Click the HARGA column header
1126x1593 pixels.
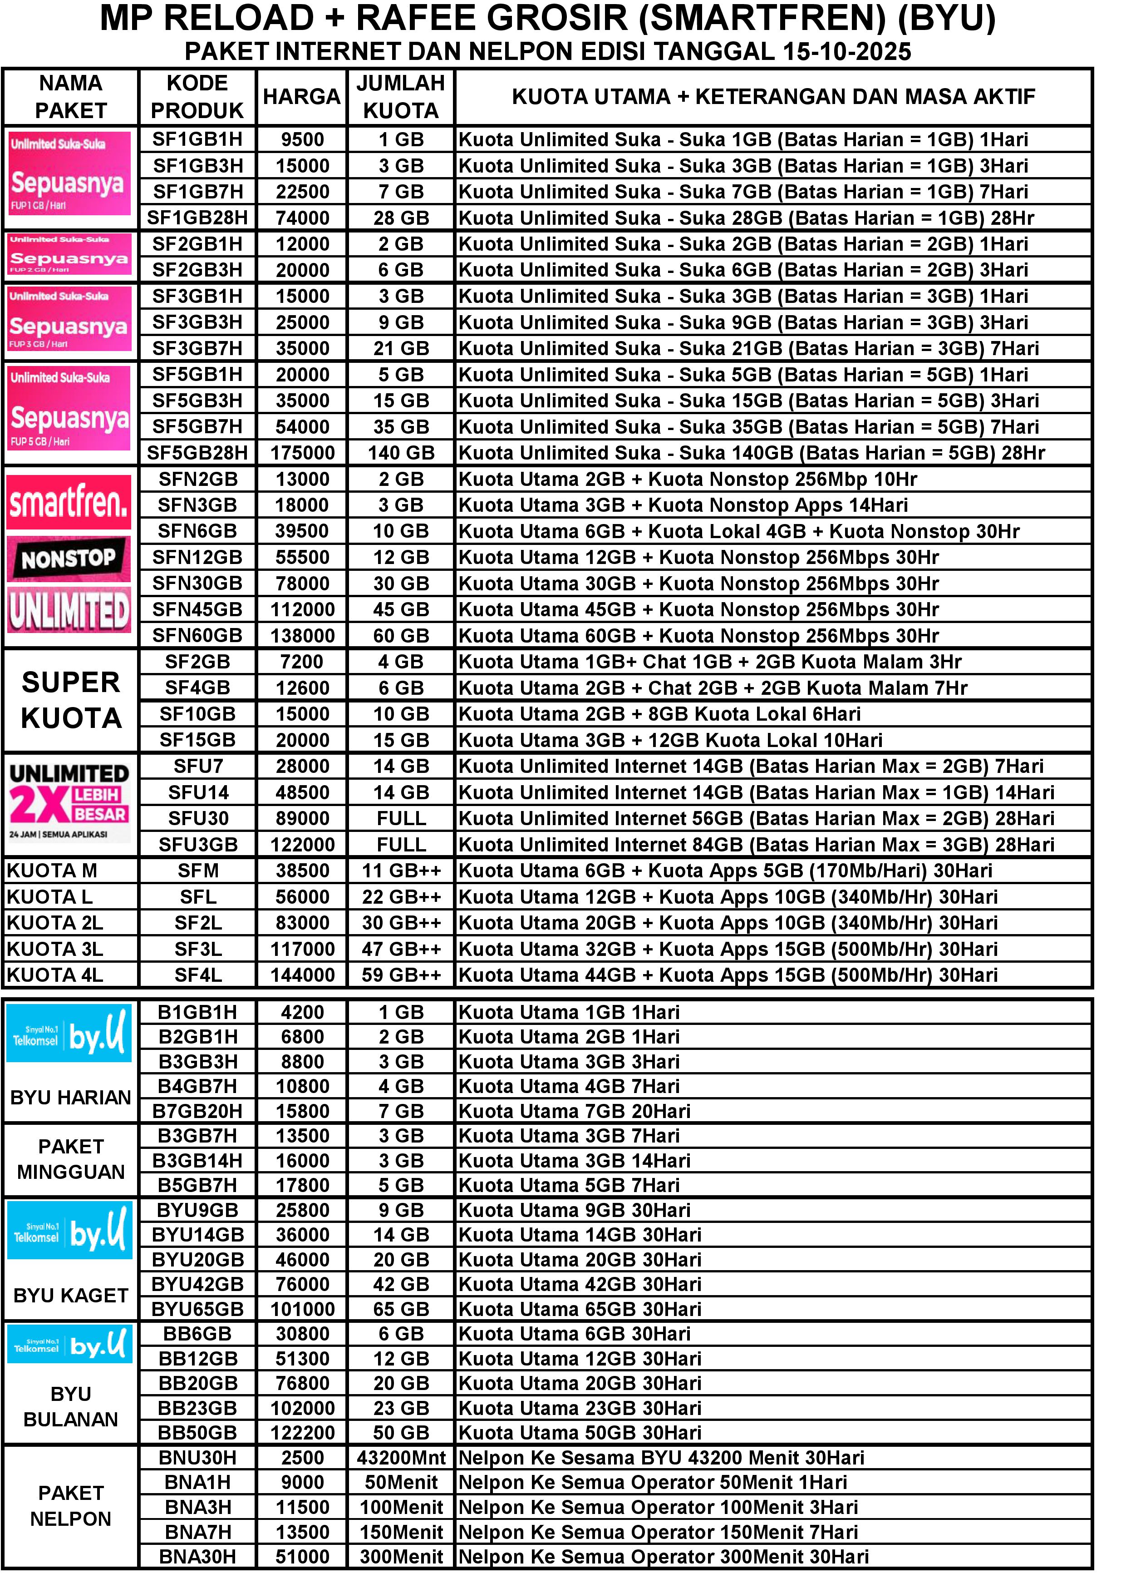[x=302, y=96]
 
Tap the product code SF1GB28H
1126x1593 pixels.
[x=197, y=218]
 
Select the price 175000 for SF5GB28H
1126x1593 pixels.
[x=302, y=453]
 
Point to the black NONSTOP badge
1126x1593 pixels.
[x=69, y=559]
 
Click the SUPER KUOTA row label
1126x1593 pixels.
[x=71, y=700]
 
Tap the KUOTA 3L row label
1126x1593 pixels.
[x=55, y=949]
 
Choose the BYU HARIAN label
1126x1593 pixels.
[x=71, y=1098]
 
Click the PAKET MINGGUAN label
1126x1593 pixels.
[x=71, y=1159]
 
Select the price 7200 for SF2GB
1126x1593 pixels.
[x=302, y=662]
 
